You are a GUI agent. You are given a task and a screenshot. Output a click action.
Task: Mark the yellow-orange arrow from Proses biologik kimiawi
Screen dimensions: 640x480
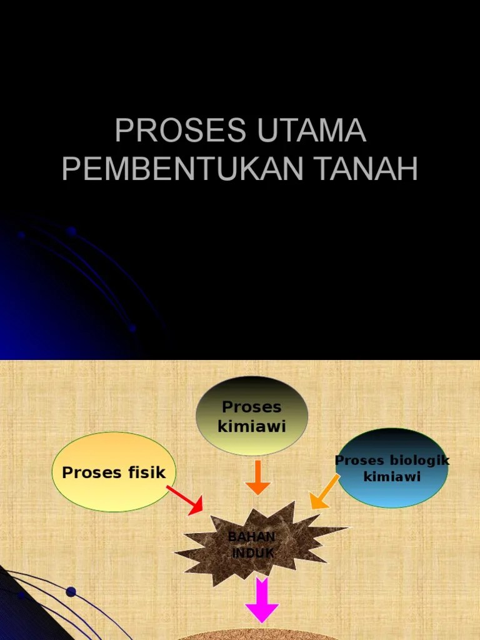coord(324,491)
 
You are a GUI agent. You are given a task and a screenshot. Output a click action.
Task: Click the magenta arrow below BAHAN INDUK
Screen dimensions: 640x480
coord(262,600)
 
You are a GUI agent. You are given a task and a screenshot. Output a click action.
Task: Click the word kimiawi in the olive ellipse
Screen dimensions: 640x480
coord(252,427)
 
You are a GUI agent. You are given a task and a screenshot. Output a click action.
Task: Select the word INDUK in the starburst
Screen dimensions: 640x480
coord(252,553)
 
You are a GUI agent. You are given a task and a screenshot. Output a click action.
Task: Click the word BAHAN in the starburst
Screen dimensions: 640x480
coord(251,537)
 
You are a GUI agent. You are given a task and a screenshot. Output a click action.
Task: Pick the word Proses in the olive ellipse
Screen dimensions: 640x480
coord(252,407)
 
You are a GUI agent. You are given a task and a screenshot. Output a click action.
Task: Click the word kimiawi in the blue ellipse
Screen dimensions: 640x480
coord(392,476)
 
